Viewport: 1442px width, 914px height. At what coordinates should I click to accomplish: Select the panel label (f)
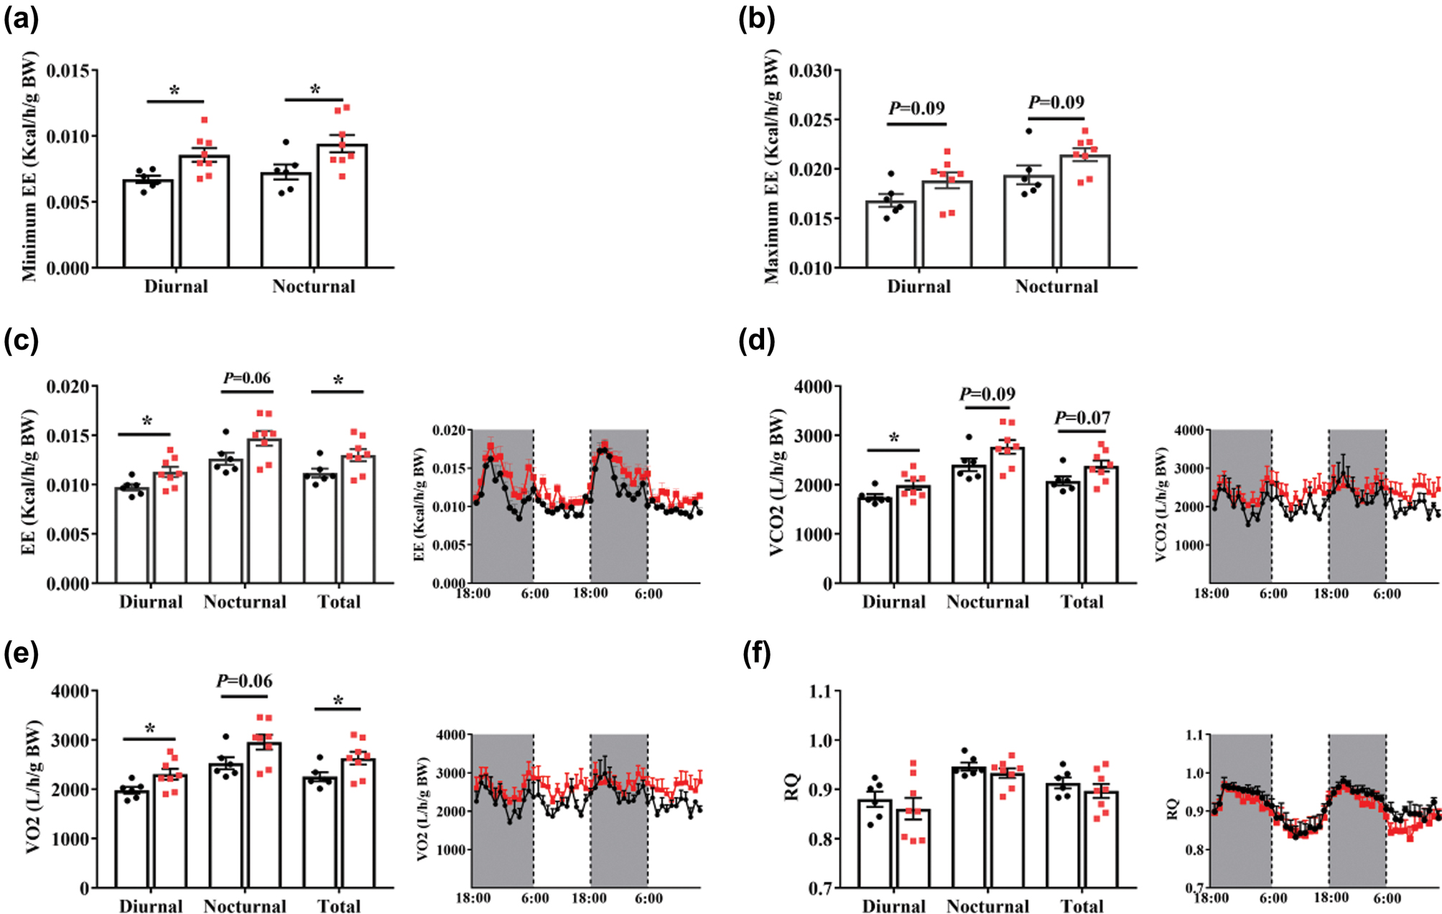tap(756, 654)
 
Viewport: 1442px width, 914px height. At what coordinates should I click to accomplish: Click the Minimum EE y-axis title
tap(29, 167)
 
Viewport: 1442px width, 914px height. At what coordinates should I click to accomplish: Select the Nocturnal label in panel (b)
tap(1056, 286)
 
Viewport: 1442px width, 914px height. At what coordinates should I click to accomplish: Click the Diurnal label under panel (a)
tap(176, 286)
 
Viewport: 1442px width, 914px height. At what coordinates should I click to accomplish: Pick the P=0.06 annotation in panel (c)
tap(246, 378)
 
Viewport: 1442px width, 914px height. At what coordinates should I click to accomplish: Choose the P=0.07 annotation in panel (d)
tap(1082, 418)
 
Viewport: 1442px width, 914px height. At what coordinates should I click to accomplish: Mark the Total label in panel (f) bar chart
tap(1082, 906)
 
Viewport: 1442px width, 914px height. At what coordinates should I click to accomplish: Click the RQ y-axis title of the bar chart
tap(793, 788)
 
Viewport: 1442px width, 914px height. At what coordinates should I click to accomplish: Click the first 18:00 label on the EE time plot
tap(473, 594)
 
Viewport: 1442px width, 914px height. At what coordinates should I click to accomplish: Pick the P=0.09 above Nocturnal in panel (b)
tap(1056, 103)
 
